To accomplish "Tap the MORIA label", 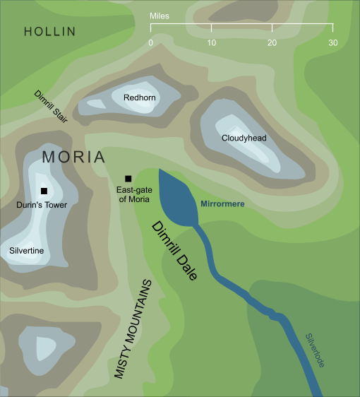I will (73, 157).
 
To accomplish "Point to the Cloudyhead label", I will (244, 138).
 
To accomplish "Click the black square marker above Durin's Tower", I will (44, 191).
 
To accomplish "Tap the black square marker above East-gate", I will (128, 178).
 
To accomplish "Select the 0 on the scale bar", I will (150, 43).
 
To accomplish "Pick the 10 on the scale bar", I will (211, 43).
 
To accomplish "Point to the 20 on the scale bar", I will (272, 43).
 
